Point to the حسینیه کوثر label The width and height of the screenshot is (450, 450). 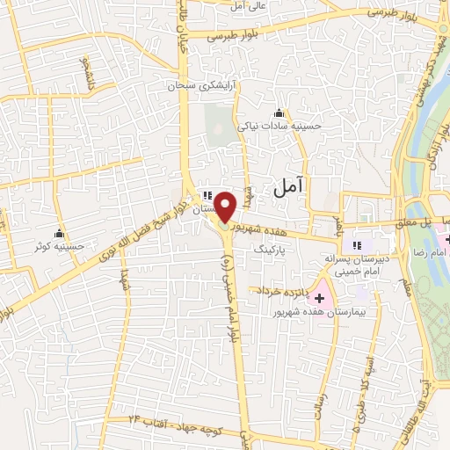pos(57,247)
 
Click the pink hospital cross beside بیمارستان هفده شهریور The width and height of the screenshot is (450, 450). pos(319,299)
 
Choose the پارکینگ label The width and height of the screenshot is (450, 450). pos(270,250)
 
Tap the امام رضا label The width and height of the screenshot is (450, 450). pos(430,252)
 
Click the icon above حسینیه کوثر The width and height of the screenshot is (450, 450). pos(59,233)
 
